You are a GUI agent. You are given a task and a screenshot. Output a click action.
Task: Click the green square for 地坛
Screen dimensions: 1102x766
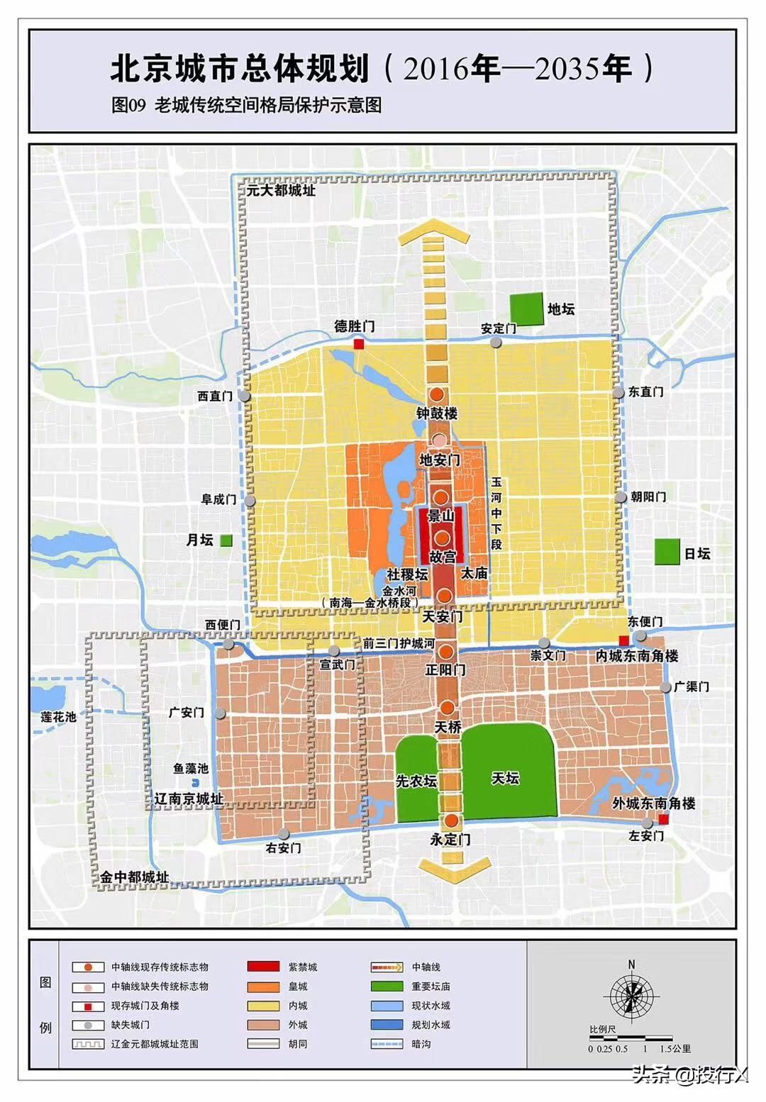coord(526,309)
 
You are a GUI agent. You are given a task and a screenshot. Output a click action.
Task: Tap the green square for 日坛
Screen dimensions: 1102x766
coord(667,552)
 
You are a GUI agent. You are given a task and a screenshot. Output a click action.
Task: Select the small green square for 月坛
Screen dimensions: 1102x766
coord(226,540)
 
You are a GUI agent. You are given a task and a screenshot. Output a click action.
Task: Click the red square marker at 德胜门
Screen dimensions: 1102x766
coord(359,344)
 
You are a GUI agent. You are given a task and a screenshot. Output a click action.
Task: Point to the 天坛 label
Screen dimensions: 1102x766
coord(506,779)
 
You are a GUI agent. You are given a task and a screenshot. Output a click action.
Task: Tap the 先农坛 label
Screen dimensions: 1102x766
coord(416,781)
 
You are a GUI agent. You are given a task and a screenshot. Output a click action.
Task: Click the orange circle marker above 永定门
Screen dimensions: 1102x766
coord(450,821)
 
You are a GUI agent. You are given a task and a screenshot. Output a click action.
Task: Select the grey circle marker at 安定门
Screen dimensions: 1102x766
coord(496,343)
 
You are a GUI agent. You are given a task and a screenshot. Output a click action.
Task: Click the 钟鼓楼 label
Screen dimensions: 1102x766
coord(437,413)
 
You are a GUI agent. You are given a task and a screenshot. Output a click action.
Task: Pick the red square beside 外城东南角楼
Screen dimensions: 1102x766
coord(663,820)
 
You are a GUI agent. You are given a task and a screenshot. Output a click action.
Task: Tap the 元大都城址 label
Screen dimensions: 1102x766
coord(281,190)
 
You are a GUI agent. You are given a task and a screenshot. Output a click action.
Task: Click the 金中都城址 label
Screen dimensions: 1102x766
coord(134,877)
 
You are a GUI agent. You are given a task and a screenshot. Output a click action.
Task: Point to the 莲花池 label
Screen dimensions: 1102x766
coord(58,716)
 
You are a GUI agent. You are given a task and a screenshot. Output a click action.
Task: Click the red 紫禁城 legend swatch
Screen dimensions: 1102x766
coord(262,967)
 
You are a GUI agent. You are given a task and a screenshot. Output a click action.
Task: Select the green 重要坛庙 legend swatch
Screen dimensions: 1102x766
coord(387,986)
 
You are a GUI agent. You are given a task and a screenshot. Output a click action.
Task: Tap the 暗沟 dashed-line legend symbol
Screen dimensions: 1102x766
coord(387,1044)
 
